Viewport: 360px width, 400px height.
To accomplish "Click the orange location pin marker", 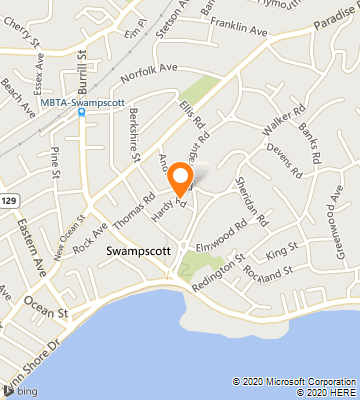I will [181, 177].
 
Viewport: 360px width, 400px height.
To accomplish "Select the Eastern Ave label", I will [28, 254].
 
